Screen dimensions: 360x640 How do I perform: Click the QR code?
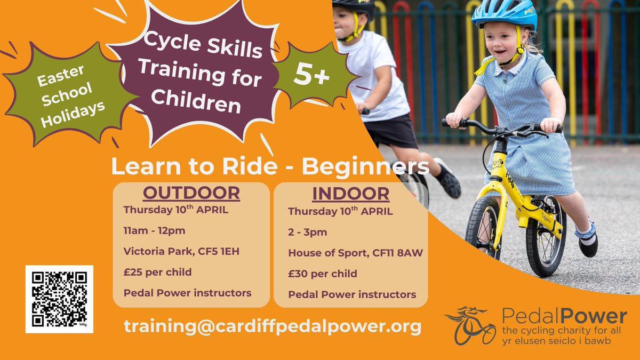59,299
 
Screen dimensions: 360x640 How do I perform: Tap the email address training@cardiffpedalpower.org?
273,326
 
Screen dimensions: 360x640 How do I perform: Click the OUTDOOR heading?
190,193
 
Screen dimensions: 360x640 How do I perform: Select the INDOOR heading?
350,194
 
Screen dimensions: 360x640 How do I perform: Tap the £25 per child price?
157,273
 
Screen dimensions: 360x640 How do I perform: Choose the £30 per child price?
322,274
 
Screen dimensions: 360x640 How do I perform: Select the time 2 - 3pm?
308,232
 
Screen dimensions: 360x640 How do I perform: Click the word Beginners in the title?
365,167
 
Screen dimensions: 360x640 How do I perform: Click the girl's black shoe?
588,246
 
